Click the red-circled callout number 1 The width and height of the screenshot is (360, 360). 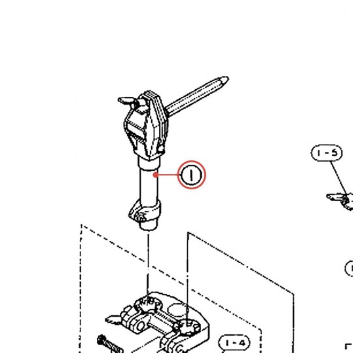[192, 175]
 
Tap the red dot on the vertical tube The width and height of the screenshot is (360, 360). [156, 175]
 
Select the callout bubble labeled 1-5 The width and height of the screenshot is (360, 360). [327, 153]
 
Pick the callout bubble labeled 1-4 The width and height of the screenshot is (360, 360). [234, 343]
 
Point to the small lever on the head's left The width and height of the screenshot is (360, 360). [126, 101]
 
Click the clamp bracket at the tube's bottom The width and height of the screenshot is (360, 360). [145, 211]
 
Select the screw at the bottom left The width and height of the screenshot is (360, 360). [109, 344]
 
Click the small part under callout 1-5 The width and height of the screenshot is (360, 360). [340, 201]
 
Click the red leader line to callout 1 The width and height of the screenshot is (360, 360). [168, 175]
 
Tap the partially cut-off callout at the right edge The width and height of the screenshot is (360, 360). [349, 268]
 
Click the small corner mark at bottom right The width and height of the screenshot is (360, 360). [348, 346]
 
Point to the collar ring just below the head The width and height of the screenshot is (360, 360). [149, 164]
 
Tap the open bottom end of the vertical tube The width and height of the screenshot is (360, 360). [149, 227]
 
